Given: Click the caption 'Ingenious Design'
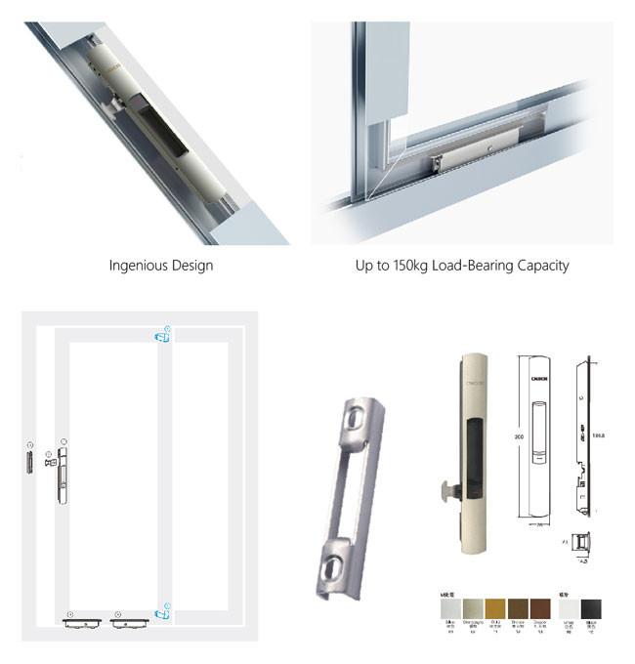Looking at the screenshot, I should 161,265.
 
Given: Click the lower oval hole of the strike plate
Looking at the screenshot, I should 333,561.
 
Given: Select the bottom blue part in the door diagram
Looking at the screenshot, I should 161,613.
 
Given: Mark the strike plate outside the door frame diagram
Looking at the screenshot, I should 30,458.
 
